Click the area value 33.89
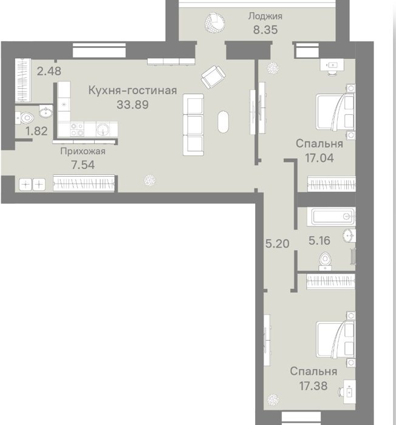click(x=132, y=104)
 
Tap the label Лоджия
click(x=265, y=16)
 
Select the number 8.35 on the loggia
click(x=265, y=30)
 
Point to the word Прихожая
click(x=83, y=151)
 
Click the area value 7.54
click(x=83, y=165)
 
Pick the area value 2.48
click(x=49, y=71)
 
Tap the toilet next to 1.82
click(x=24, y=118)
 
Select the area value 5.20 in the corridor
click(x=277, y=243)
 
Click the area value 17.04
click(x=319, y=158)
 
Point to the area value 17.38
click(x=313, y=386)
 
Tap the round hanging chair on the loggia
click(x=215, y=23)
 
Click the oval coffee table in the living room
click(x=223, y=121)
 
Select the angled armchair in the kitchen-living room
click(x=213, y=77)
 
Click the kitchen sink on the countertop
click(x=103, y=129)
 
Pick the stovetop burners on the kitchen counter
click(x=77, y=129)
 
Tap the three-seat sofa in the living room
click(x=193, y=124)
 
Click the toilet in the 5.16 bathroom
click(x=325, y=261)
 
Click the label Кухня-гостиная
click(x=132, y=90)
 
